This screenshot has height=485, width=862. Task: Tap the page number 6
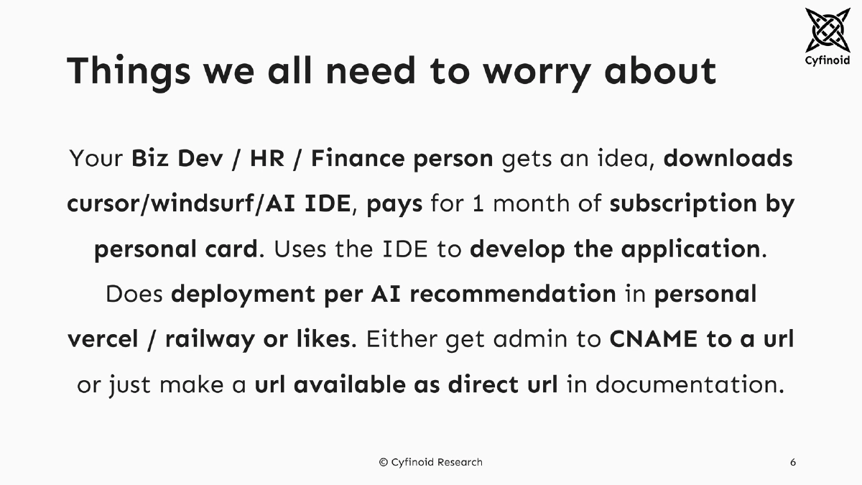point(793,462)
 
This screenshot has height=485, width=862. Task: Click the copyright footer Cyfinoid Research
point(431,462)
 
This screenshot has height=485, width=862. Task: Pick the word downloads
point(728,158)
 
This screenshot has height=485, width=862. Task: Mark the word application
point(690,249)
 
